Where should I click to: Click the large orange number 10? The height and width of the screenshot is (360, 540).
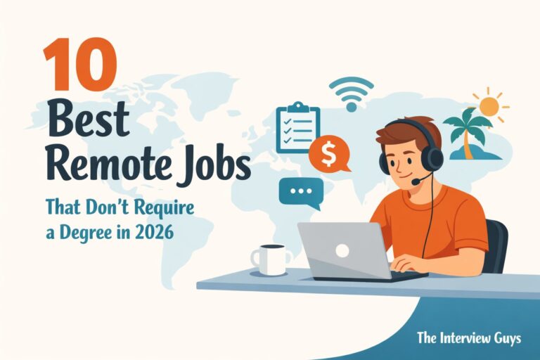click(80, 64)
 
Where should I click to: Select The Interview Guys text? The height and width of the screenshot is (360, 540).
click(469, 338)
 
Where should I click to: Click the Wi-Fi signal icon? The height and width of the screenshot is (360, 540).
click(351, 94)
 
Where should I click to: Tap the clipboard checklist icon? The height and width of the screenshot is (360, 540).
click(298, 128)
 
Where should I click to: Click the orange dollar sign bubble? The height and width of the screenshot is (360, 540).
click(329, 154)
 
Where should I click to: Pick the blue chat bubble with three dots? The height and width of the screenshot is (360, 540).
click(301, 193)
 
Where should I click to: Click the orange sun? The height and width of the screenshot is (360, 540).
click(489, 105)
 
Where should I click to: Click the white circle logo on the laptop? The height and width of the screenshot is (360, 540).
click(342, 251)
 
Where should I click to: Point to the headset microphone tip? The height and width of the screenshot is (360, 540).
click(417, 181)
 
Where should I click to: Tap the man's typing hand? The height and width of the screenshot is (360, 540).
click(406, 263)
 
